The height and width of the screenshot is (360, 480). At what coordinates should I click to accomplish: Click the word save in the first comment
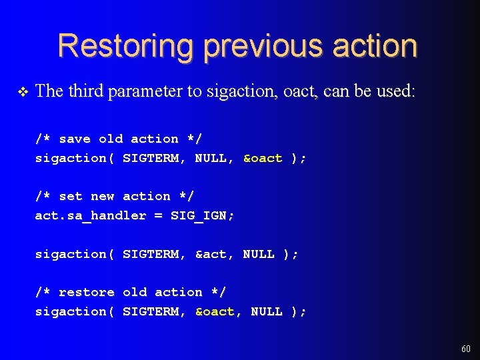75,139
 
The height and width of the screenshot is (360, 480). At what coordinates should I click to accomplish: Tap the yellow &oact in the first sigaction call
263,158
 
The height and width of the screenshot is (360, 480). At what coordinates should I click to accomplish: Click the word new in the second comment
103,196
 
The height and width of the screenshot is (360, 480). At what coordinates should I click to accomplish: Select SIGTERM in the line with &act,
151,254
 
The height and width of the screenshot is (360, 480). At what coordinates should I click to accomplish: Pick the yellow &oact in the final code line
215,311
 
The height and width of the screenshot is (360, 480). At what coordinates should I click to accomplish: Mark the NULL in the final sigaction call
267,311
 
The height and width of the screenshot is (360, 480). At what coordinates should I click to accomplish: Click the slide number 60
465,349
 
